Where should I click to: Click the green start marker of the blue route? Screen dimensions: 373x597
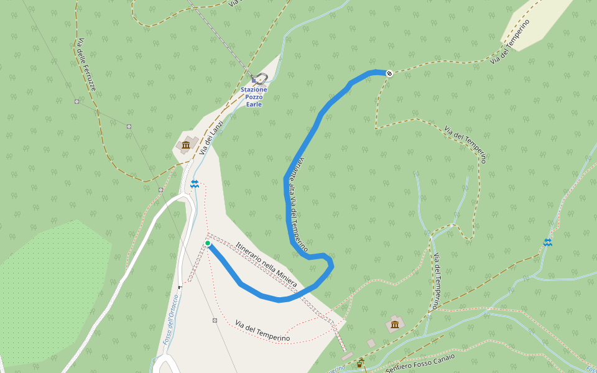(207, 243)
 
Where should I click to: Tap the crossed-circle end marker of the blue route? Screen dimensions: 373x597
(390, 73)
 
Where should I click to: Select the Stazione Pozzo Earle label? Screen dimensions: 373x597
(254, 97)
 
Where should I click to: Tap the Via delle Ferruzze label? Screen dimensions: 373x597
(86, 65)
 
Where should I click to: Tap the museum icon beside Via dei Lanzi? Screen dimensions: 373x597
(185, 146)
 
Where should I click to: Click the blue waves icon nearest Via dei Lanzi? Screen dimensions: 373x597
(195, 183)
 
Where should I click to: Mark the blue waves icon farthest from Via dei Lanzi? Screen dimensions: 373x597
(547, 242)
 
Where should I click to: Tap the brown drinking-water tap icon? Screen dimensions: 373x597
(359, 363)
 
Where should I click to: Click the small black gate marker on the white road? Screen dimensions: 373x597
(180, 287)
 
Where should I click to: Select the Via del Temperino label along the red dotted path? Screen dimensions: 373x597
(263, 331)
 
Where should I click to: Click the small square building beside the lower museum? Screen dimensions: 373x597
(371, 343)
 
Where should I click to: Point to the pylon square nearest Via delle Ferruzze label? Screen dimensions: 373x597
(76, 101)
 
